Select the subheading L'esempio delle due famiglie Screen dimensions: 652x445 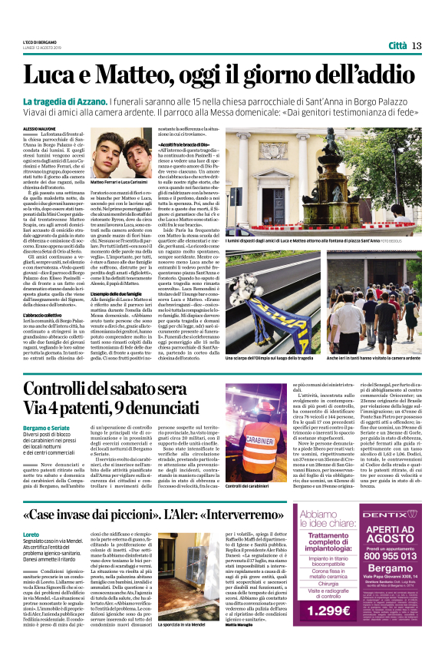point(127,295)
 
